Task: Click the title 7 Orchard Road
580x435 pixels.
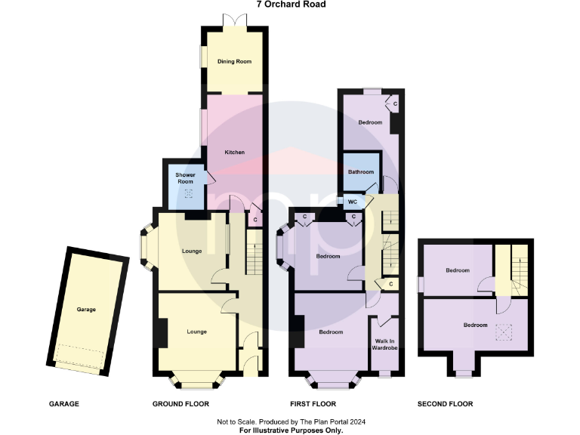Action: click(290, 5)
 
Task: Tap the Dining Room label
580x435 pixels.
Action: click(234, 61)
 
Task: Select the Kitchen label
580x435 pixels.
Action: click(234, 153)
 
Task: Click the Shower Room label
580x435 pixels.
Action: click(186, 178)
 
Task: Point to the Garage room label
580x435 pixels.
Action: click(85, 309)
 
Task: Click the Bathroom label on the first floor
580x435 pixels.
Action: click(360, 172)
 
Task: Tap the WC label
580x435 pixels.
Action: click(351, 202)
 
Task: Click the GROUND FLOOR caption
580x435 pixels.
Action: click(180, 404)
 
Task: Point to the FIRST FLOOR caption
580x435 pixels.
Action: click(313, 404)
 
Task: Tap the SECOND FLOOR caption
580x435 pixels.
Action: click(445, 404)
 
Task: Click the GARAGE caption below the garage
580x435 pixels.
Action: click(63, 404)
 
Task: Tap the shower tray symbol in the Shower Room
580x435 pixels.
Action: click(189, 193)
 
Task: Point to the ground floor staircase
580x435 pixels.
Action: click(255, 252)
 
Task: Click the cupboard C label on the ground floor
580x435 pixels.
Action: click(255, 220)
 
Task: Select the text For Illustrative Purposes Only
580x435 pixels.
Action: click(290, 430)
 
